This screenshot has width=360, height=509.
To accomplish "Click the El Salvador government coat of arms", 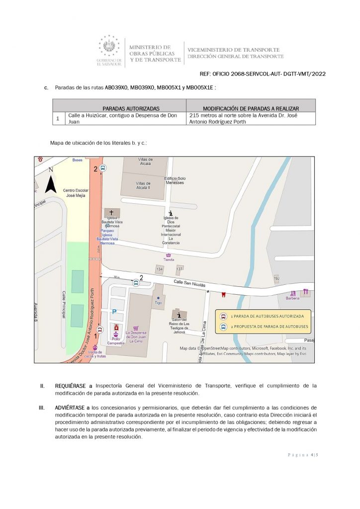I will click(x=109, y=47).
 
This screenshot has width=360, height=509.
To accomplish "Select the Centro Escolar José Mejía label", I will click(x=73, y=193).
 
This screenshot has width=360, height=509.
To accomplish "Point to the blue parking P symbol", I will click(x=114, y=312).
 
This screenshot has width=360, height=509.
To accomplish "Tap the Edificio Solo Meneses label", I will click(x=175, y=180).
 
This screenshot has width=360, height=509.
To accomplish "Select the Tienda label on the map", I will click(x=169, y=259).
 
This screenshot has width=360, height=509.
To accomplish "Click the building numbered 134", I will click(x=160, y=269).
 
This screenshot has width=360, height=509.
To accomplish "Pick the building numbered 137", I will click(x=179, y=269).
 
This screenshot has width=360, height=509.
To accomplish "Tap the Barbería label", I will click(x=292, y=298).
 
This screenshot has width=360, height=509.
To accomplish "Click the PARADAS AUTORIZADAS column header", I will click(x=131, y=108).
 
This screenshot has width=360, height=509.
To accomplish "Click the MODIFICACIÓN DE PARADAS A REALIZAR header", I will click(x=251, y=108).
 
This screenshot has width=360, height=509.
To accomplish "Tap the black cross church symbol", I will click(x=111, y=212).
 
